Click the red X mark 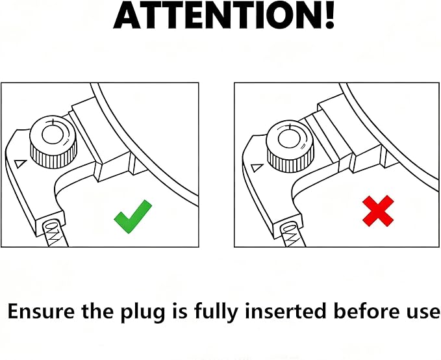[x=378, y=211]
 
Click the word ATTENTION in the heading [x=217, y=15]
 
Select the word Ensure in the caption [x=41, y=311]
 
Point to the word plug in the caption [x=143, y=313]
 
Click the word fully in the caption [x=216, y=312]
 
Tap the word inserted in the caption [x=285, y=311]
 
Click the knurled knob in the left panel [x=53, y=142]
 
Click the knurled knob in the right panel [x=290, y=146]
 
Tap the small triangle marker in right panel [x=257, y=168]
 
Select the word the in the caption [x=98, y=311]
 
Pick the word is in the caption [x=179, y=311]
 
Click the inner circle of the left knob [x=51, y=135]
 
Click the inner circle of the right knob [x=288, y=139]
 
